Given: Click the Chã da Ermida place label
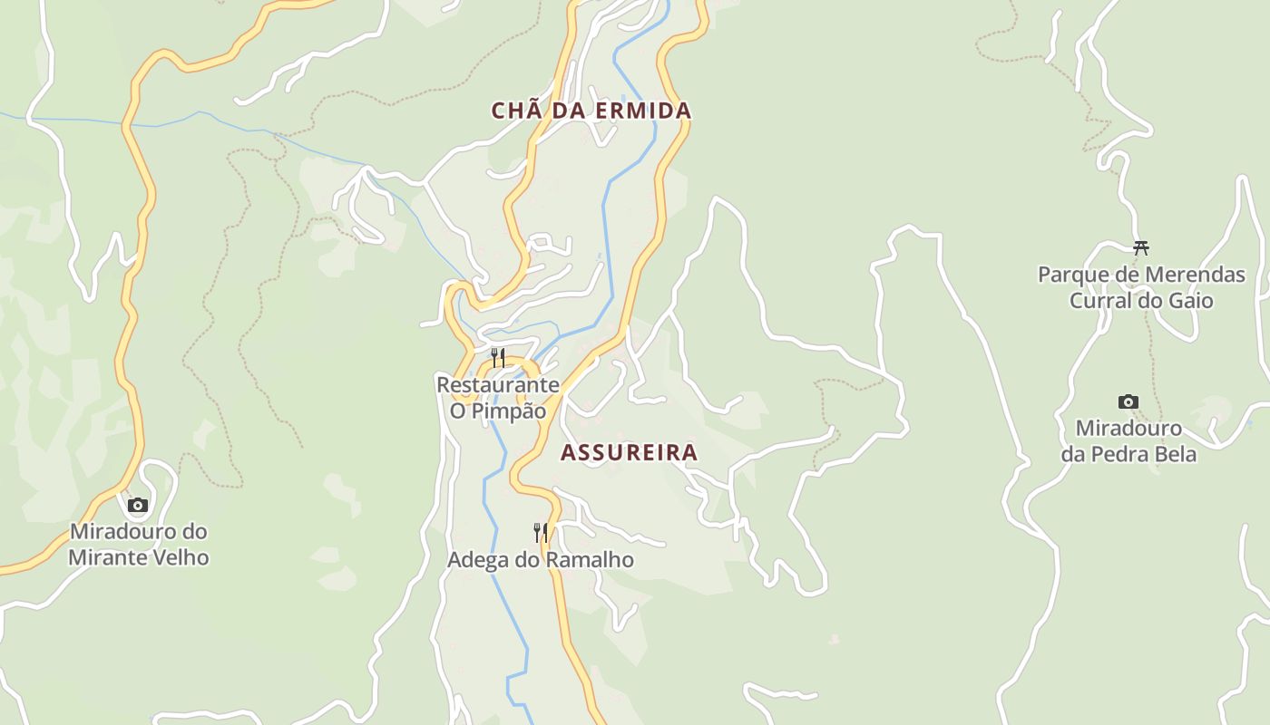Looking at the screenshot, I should [x=591, y=111].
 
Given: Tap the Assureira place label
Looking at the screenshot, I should [x=629, y=452].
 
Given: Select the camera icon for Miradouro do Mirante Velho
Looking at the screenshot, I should [x=138, y=505].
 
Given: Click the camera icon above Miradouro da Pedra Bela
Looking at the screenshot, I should [x=1128, y=401].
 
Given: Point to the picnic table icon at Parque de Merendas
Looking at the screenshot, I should [x=1141, y=246].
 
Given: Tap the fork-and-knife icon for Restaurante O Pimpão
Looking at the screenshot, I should [x=497, y=358].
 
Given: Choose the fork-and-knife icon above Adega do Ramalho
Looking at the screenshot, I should [x=541, y=532].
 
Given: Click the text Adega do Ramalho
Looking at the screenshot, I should [x=541, y=560].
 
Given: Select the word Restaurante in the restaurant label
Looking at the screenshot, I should [x=498, y=384].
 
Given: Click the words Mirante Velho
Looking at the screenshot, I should [x=139, y=557].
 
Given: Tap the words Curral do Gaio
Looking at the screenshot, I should [x=1141, y=300].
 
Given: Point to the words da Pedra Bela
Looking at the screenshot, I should [x=1128, y=454].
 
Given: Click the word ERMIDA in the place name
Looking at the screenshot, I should [x=643, y=111].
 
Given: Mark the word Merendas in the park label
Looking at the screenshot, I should [x=1195, y=274].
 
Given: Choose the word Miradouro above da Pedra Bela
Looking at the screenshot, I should [x=1128, y=428].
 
